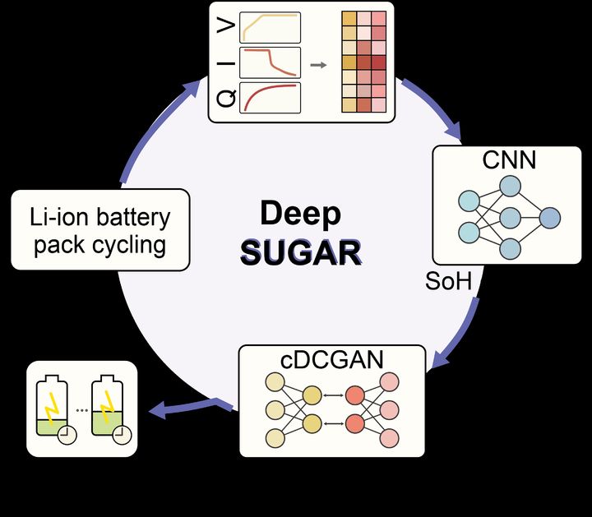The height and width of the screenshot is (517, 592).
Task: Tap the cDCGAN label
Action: click(332, 359)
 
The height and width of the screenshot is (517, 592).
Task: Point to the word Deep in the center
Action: click(300, 214)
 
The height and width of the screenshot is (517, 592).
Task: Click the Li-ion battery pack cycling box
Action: click(100, 231)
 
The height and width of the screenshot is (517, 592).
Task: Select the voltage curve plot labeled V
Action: click(269, 27)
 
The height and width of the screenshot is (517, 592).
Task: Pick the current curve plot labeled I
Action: click(269, 62)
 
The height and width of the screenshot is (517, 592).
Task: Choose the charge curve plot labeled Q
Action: click(269, 98)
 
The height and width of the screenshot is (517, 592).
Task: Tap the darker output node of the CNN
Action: click(549, 218)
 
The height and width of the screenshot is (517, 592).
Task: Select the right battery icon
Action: click(109, 409)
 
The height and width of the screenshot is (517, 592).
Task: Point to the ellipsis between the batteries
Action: click(81, 409)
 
